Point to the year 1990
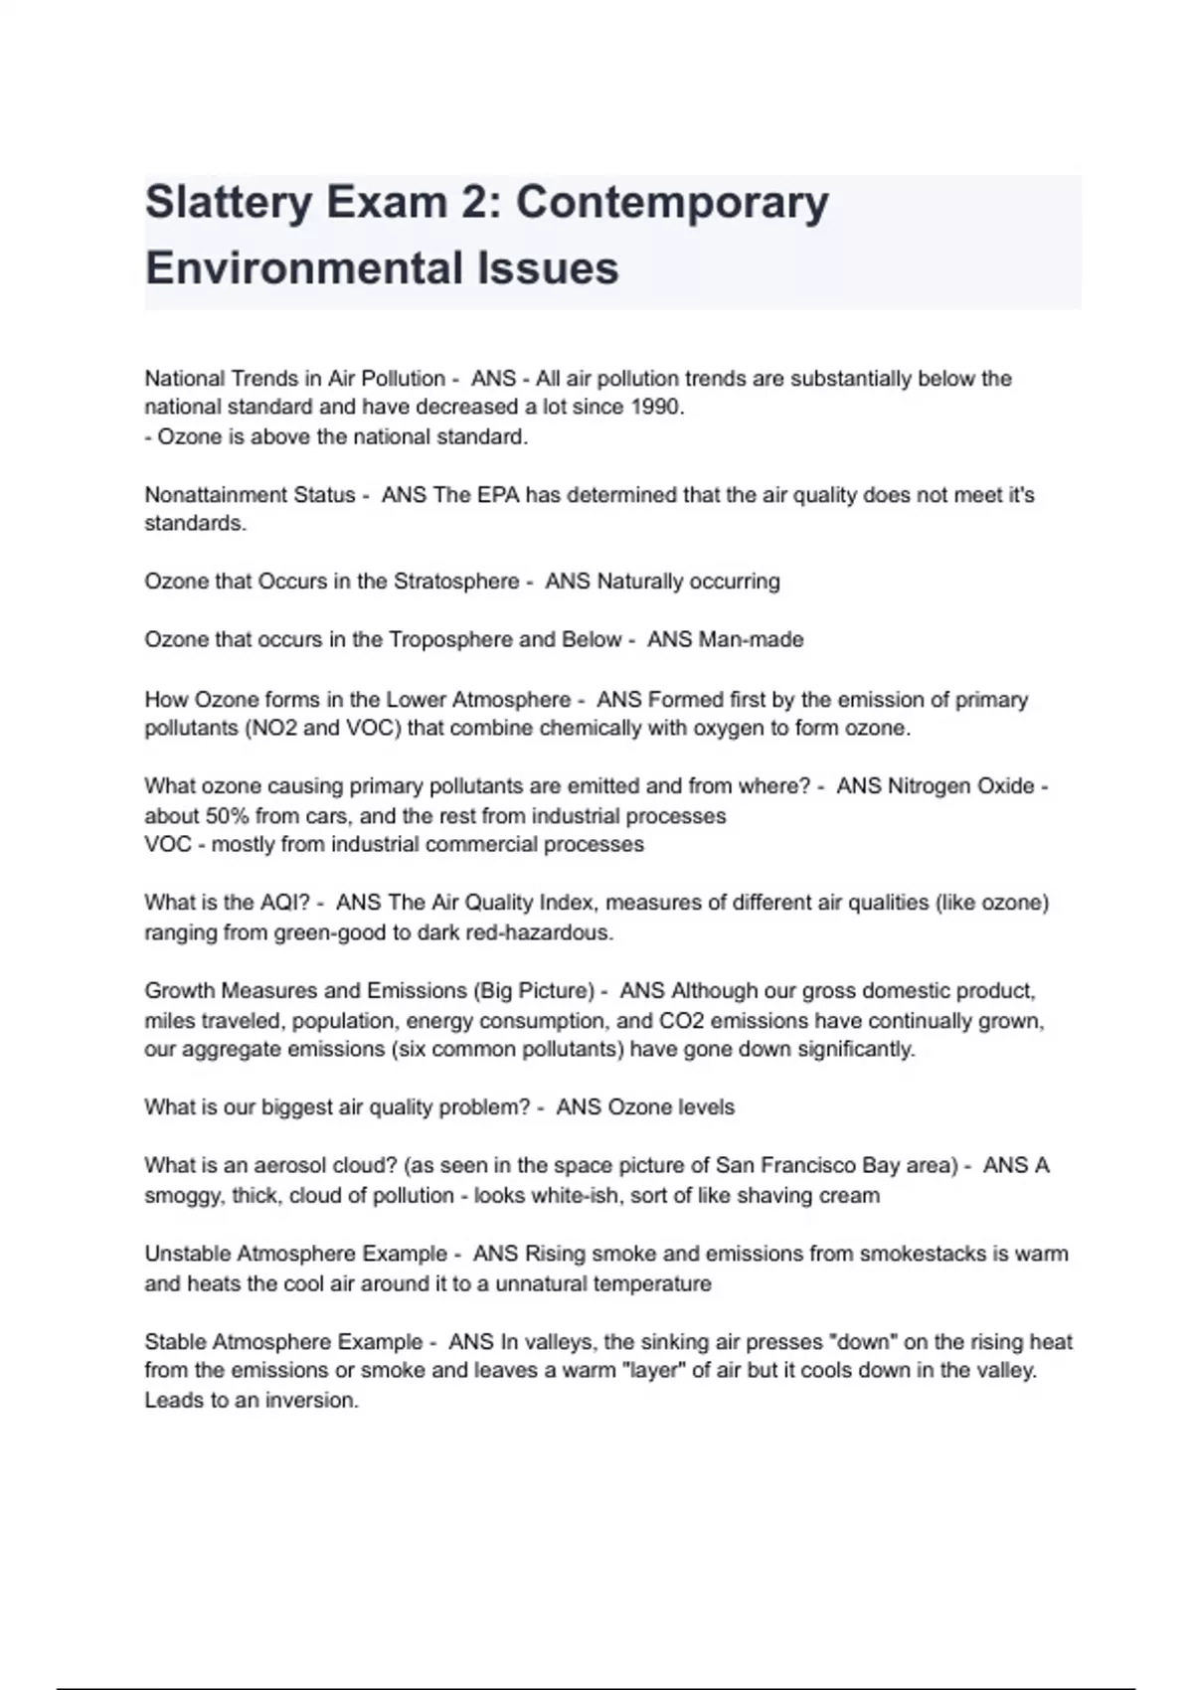[x=656, y=407]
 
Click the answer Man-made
[x=752, y=639]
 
